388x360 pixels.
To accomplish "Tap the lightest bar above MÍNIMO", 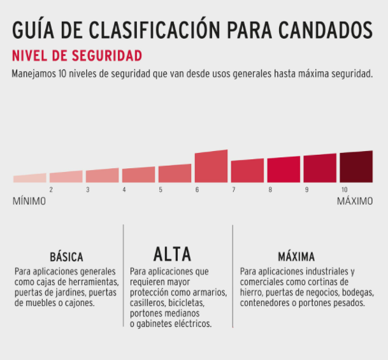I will click(x=29, y=178).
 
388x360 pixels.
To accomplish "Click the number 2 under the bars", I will click(x=51, y=190).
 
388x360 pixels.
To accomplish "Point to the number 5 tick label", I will click(x=161, y=190).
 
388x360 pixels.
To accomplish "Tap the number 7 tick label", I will click(x=234, y=190).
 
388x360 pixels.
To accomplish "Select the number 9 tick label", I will click(x=306, y=190).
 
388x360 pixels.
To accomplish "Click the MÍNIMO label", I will click(x=29, y=201).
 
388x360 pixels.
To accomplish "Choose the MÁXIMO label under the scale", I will click(x=355, y=201).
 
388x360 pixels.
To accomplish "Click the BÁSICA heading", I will click(x=67, y=258).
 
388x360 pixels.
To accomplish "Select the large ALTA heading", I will click(x=172, y=254).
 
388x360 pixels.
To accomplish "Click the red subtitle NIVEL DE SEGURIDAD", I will click(x=76, y=55).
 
